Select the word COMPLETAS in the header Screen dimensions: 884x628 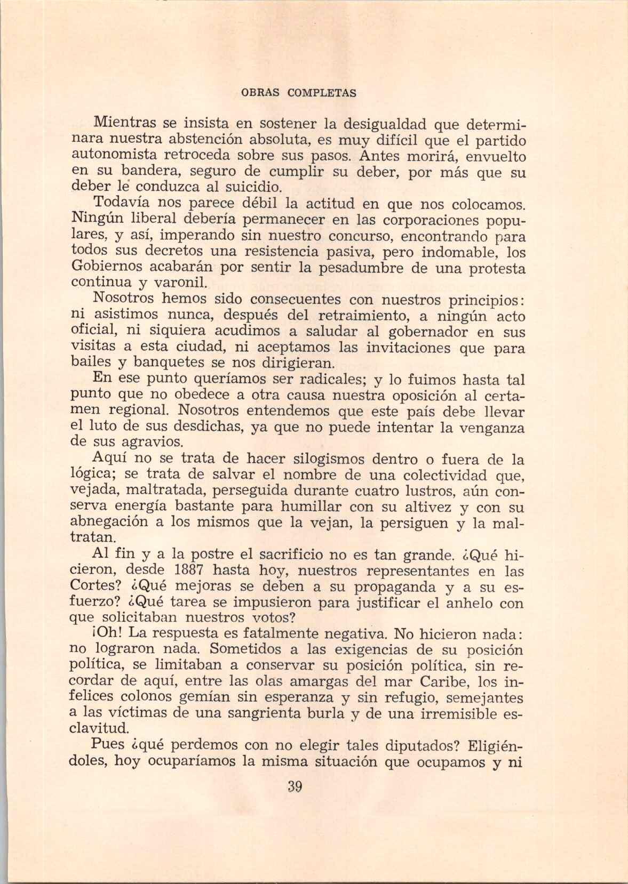click(x=322, y=92)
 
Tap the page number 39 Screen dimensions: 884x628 click(x=295, y=786)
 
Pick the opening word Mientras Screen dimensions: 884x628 click(x=125, y=124)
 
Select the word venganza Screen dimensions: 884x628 click(x=489, y=427)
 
